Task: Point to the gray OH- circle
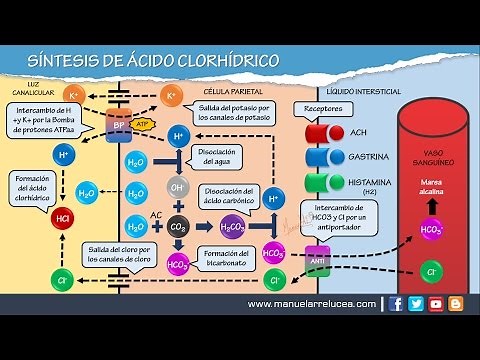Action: [179, 188]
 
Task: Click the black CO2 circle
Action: [179, 225]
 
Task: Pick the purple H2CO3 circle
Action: [231, 226]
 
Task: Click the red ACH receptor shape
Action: [321, 132]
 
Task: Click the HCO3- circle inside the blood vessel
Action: [432, 229]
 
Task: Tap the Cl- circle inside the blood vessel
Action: [432, 271]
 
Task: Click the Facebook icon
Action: [397, 304]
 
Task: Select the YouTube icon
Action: [436, 304]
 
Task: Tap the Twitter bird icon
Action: [416, 304]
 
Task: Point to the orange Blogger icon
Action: [456, 304]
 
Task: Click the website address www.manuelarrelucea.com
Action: [311, 304]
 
